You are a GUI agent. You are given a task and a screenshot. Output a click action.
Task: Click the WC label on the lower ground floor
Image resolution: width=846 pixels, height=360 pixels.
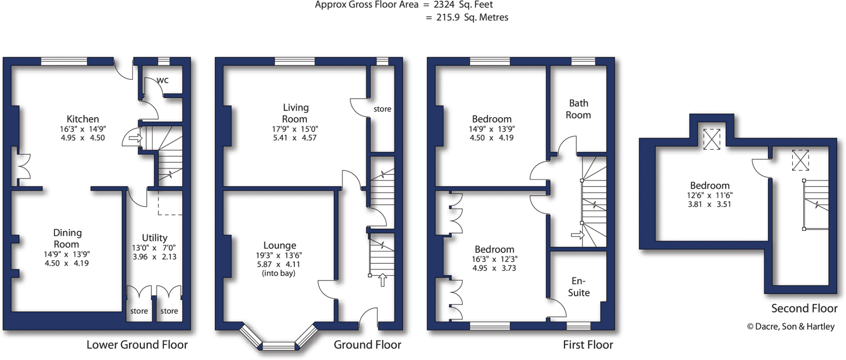click(163, 80)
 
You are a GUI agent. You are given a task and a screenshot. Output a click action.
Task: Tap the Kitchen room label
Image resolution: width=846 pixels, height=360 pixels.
click(83, 119)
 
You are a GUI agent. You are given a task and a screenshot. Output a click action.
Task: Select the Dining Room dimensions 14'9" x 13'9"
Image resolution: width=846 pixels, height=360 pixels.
click(67, 254)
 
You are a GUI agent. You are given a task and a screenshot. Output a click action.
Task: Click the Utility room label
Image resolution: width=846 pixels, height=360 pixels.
click(154, 238)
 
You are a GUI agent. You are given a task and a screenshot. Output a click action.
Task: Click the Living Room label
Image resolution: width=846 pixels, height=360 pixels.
click(295, 113)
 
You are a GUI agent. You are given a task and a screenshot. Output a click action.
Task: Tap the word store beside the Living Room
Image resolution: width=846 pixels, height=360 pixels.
click(382, 109)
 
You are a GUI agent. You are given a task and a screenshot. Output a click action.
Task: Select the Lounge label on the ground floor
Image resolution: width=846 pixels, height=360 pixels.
click(280, 246)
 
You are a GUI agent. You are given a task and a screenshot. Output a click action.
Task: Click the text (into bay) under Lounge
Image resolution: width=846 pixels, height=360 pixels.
click(278, 273)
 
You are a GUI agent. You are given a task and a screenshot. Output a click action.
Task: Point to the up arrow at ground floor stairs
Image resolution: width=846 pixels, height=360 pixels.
click(383, 280)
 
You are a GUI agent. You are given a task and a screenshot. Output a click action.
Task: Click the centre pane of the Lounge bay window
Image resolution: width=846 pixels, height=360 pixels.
click(279, 346)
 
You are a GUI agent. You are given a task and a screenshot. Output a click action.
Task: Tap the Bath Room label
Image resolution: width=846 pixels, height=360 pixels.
click(578, 109)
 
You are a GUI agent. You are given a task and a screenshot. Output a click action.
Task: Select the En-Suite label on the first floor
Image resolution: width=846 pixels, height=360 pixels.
click(578, 287)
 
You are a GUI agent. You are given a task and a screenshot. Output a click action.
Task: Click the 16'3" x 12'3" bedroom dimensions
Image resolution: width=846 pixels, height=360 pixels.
click(494, 259)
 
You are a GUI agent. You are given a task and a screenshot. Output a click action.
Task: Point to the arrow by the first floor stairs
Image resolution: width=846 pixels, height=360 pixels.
click(577, 235)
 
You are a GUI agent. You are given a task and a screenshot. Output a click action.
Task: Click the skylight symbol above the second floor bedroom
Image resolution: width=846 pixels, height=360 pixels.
click(711, 139)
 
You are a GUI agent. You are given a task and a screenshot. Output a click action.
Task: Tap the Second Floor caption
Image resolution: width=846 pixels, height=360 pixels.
click(804, 308)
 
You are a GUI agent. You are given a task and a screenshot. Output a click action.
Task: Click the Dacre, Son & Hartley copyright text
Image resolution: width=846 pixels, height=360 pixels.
click(791, 327)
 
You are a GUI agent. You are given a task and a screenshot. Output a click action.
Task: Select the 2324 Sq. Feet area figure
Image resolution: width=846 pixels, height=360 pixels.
click(463, 5)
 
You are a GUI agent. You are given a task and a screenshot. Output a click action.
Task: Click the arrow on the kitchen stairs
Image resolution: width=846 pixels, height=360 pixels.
click(135, 138)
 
